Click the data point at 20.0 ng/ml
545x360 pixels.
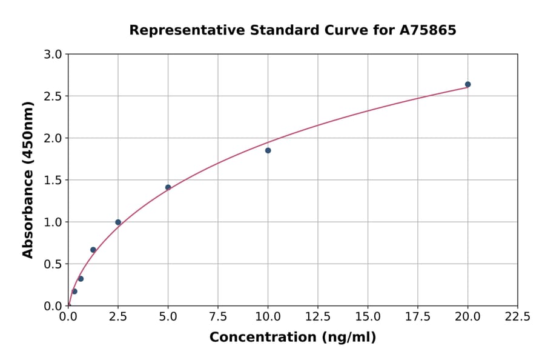[467, 84]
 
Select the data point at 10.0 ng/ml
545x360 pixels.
[268, 150]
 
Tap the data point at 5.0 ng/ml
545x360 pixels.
[168, 187]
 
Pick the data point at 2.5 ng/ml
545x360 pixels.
[118, 222]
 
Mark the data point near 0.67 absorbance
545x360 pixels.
[93, 250]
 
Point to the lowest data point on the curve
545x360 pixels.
[74, 292]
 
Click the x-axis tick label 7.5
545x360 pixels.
[218, 317]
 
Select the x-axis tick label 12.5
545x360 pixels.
[318, 317]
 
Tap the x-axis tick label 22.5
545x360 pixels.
[517, 317]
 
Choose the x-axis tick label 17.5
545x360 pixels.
[418, 317]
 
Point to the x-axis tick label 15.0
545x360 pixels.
[368, 317]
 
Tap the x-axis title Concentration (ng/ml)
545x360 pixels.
[292, 338]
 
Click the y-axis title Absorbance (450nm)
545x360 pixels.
[28, 179]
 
